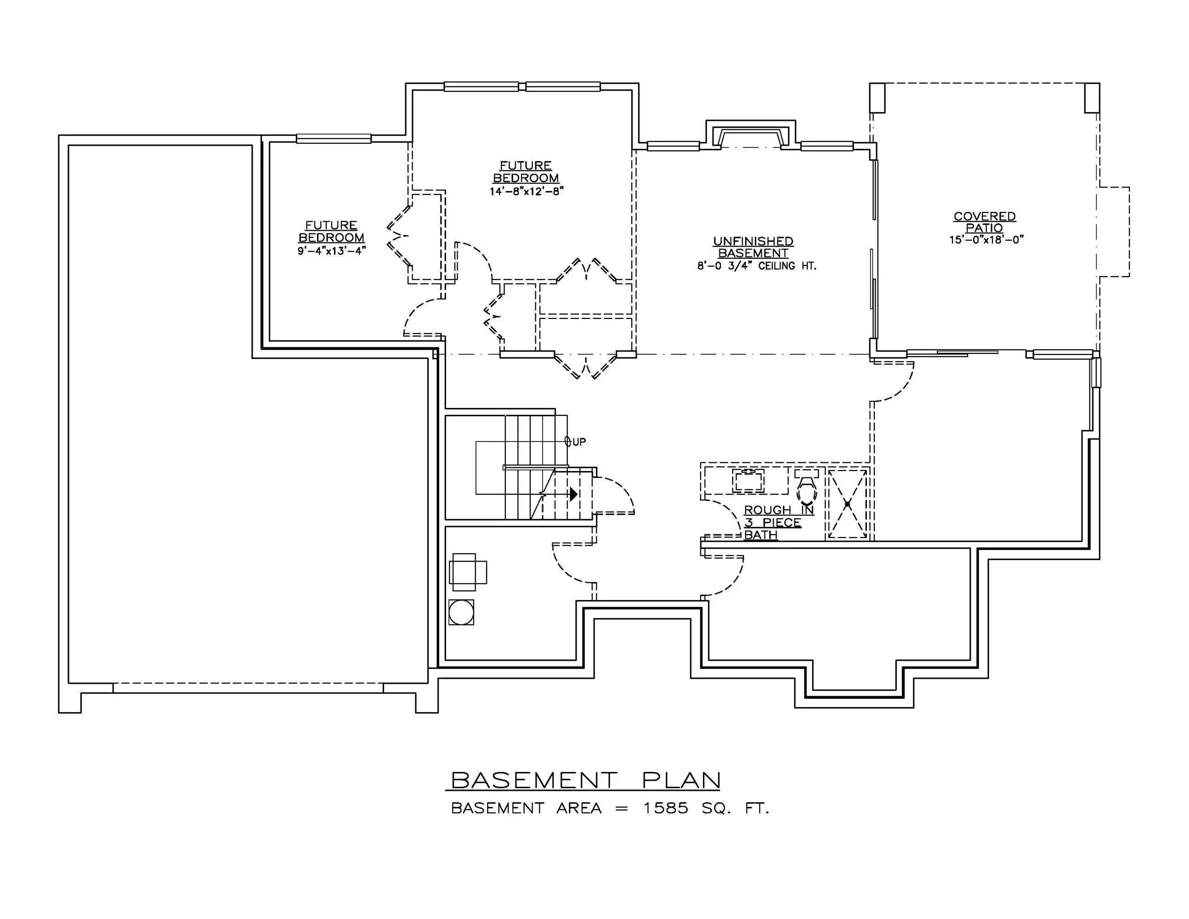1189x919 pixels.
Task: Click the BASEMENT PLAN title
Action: (x=586, y=780)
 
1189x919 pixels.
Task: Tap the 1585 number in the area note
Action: (x=665, y=808)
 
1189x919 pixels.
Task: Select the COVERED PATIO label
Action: (x=984, y=222)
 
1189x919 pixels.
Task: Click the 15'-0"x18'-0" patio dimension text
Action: (x=986, y=239)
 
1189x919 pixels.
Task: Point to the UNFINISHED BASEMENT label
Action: (x=753, y=247)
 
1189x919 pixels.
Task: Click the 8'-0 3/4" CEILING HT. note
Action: (x=757, y=266)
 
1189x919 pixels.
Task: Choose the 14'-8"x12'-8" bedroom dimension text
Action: (x=526, y=192)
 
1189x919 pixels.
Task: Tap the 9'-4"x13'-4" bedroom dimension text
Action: (x=332, y=251)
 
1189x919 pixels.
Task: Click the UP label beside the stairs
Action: (x=579, y=442)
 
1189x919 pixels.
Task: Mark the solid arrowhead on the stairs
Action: (x=573, y=494)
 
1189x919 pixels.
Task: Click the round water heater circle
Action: (x=461, y=613)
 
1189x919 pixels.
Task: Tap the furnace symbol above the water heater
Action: (x=468, y=572)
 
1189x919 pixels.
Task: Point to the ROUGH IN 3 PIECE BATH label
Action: (x=779, y=522)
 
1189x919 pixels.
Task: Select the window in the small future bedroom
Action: (x=334, y=139)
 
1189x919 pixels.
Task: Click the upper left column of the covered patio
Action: (x=877, y=98)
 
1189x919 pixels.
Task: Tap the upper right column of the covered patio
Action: (x=1092, y=98)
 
